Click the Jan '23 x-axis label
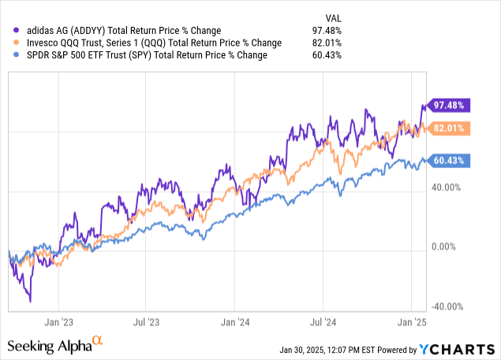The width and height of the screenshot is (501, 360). point(59,322)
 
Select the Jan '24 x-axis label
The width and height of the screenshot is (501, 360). point(236,322)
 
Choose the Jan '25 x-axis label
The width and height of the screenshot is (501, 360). point(411,322)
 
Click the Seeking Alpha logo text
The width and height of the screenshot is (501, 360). point(49,345)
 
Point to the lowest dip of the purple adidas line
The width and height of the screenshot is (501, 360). point(30,301)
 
